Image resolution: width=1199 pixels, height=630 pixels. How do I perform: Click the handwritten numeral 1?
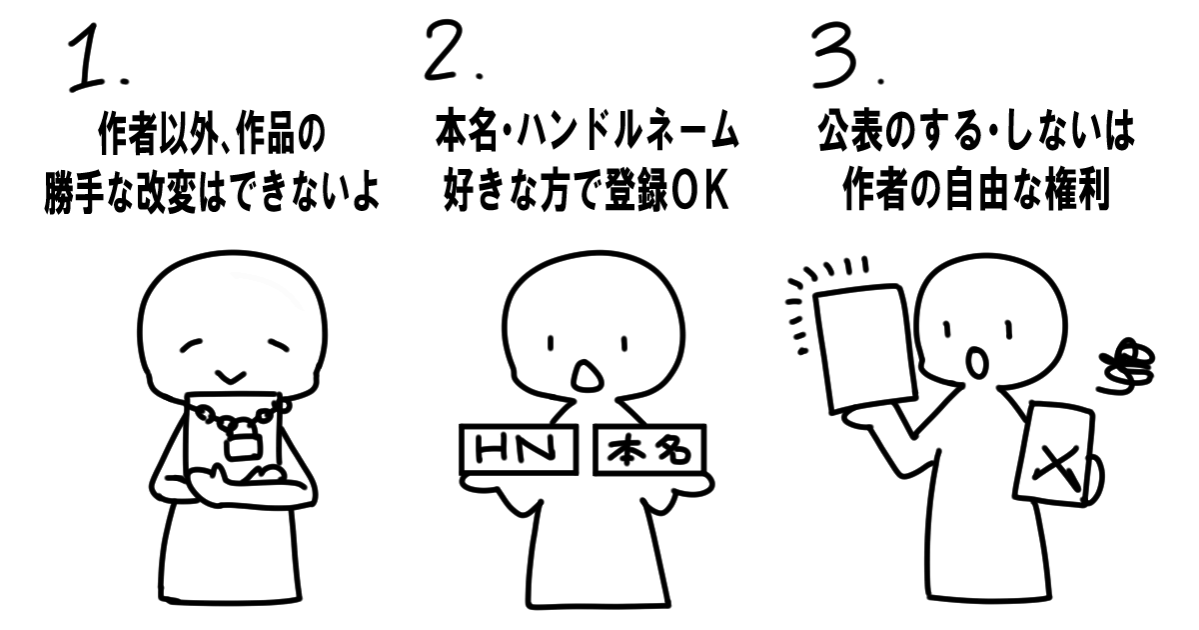coord(88,58)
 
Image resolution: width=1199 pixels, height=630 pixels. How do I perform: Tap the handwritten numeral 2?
coord(447,51)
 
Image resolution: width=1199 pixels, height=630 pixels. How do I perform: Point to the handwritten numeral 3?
coord(836,55)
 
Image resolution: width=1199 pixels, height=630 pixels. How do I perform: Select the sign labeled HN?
coord(519,449)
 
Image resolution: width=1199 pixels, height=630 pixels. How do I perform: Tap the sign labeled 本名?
coord(649,449)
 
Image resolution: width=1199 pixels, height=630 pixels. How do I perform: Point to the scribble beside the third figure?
coord(1124,368)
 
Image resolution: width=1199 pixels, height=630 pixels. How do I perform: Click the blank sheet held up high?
coord(862,348)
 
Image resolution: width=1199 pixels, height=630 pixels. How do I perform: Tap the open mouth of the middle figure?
coord(588,376)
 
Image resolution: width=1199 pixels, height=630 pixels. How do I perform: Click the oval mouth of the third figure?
coord(977,363)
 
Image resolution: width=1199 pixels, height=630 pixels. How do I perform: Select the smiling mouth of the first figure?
coord(231,377)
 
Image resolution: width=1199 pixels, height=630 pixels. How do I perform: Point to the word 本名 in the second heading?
coord(467,131)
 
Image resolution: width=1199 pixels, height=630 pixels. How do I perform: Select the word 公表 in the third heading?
coord(850,132)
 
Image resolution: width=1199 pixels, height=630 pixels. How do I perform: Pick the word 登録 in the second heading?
coord(636,191)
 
